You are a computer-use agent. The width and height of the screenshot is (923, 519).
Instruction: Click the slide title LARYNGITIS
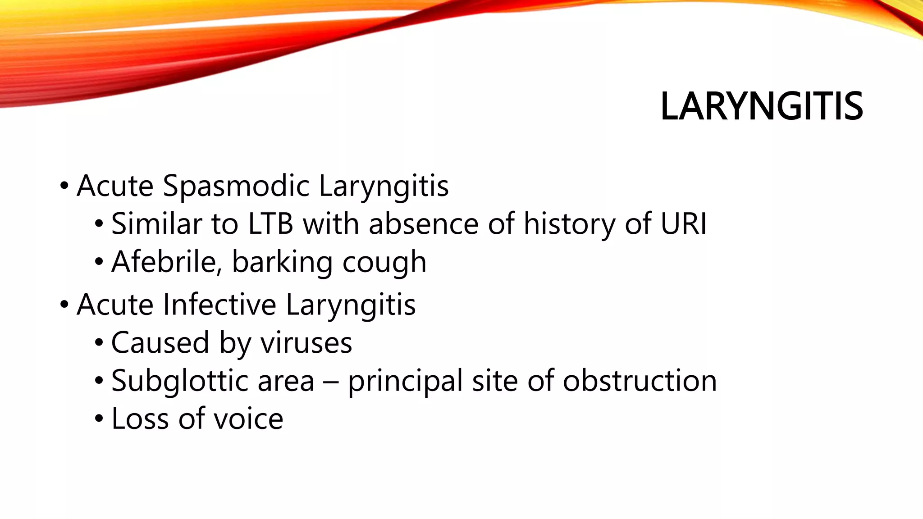click(761, 107)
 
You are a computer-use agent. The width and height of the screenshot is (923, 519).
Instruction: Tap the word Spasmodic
click(236, 186)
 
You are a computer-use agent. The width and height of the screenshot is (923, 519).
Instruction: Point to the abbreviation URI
click(684, 224)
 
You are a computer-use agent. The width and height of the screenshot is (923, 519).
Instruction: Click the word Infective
click(219, 305)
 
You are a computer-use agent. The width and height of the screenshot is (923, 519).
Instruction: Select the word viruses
click(306, 343)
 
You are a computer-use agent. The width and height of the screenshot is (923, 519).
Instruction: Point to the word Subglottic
click(179, 382)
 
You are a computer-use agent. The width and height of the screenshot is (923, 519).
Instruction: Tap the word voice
click(248, 419)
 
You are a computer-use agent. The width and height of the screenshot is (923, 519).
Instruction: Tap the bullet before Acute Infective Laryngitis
click(64, 305)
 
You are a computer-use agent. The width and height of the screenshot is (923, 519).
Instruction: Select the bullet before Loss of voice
click(99, 419)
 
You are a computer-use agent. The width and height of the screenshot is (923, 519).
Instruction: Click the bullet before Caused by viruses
click(99, 343)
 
